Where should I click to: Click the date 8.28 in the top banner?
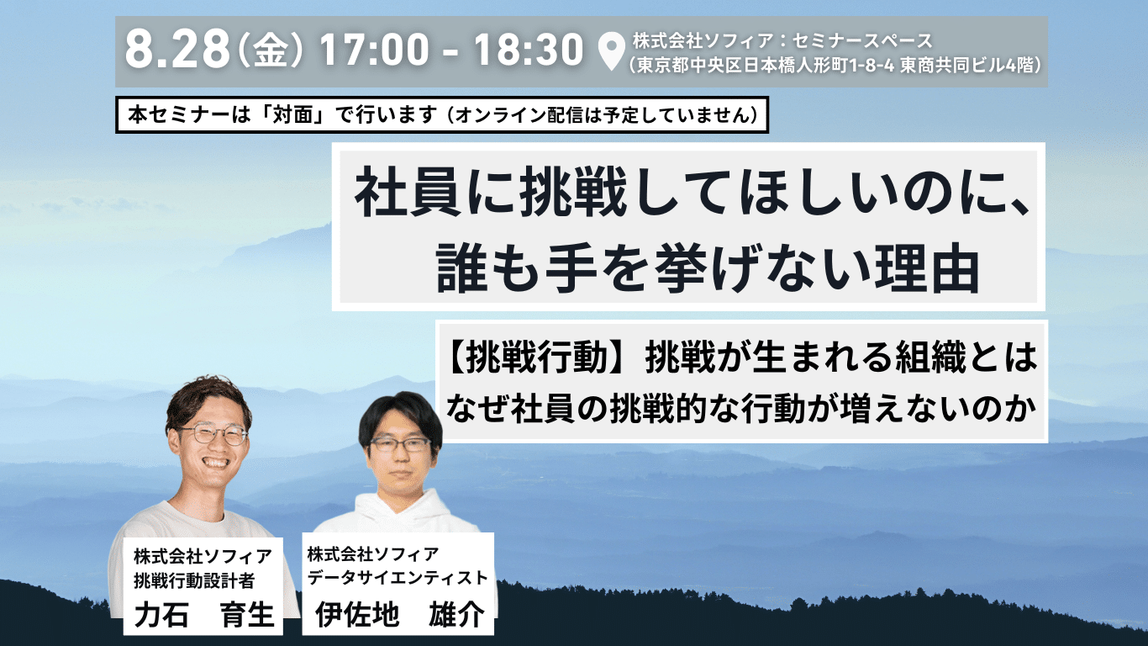[177, 49]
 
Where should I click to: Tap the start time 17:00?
[374, 49]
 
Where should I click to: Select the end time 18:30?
[529, 49]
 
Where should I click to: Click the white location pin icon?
[612, 51]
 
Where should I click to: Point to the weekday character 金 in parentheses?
[270, 50]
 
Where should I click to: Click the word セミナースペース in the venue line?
[862, 40]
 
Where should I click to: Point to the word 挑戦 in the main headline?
[575, 196]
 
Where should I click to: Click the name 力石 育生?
[203, 614]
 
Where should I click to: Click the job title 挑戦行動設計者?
[194, 581]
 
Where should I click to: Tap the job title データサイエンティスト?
[398, 578]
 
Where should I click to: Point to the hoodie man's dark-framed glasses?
[400, 444]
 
